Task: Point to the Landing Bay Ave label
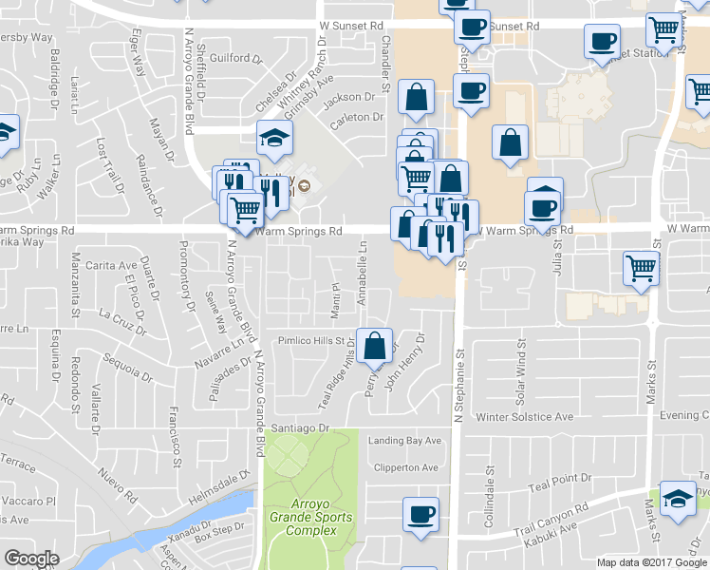pyautogui.click(x=405, y=441)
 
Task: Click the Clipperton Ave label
pyautogui.click(x=405, y=467)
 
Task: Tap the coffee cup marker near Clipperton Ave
pyautogui.click(x=420, y=515)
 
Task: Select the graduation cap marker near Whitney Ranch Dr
pyautogui.click(x=273, y=138)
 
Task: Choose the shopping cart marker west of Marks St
pyautogui.click(x=641, y=267)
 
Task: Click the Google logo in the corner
pyautogui.click(x=31, y=560)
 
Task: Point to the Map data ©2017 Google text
pyautogui.click(x=650, y=562)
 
